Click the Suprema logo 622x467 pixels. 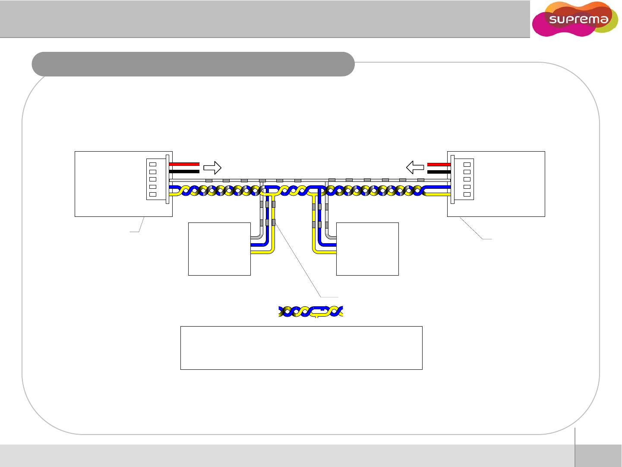pyautogui.click(x=575, y=19)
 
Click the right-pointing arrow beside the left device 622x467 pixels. pyautogui.click(x=212, y=168)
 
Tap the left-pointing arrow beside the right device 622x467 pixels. pyautogui.click(x=415, y=167)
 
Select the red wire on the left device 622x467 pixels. pyautogui.click(x=184, y=164)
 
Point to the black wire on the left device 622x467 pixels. pyautogui.click(x=184, y=172)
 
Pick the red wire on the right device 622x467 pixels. pyautogui.click(x=439, y=165)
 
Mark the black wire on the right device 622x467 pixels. pyautogui.click(x=439, y=172)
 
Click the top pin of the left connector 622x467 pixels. pyautogui.click(x=153, y=165)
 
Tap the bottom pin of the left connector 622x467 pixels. pyautogui.click(x=153, y=194)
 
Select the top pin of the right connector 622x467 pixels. pyautogui.click(x=467, y=165)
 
